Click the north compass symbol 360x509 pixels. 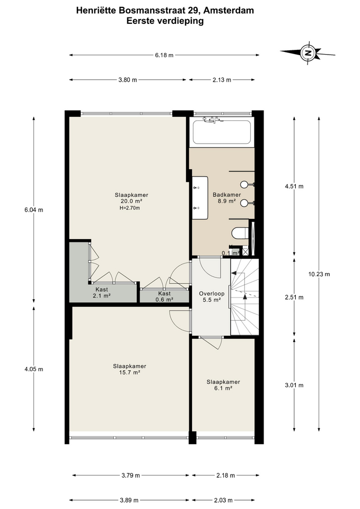click(x=308, y=53)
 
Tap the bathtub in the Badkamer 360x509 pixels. click(x=222, y=132)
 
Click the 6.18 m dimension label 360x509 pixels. click(x=164, y=55)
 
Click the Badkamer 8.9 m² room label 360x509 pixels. click(x=226, y=198)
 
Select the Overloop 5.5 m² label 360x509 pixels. click(x=212, y=297)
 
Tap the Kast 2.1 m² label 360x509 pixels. click(x=102, y=293)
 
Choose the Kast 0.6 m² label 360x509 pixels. click(x=164, y=296)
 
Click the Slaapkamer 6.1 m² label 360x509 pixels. click(x=223, y=385)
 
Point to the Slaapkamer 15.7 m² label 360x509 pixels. click(x=129, y=369)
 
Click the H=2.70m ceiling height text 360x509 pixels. click(x=129, y=208)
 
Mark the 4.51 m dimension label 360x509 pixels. click(x=294, y=186)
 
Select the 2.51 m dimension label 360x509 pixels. click(x=294, y=297)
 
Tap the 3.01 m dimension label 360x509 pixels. click(x=294, y=385)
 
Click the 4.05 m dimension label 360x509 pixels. click(x=34, y=369)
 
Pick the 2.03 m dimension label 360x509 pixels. click(x=223, y=500)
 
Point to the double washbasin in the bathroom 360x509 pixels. click(x=200, y=197)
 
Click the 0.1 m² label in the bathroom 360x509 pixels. click(x=231, y=253)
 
